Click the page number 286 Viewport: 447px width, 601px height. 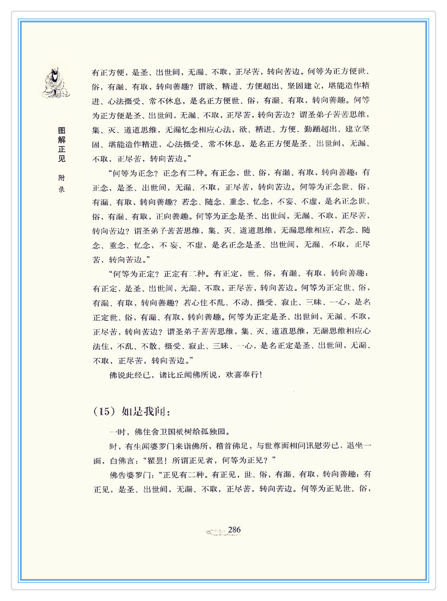[234, 530]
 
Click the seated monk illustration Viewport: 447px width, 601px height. [55, 82]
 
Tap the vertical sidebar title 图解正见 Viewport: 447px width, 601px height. [62, 145]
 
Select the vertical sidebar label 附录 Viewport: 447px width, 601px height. [62, 184]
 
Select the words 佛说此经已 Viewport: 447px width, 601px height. [130, 375]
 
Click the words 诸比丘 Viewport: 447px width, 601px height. [171, 375]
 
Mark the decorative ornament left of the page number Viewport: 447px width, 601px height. [216, 532]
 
